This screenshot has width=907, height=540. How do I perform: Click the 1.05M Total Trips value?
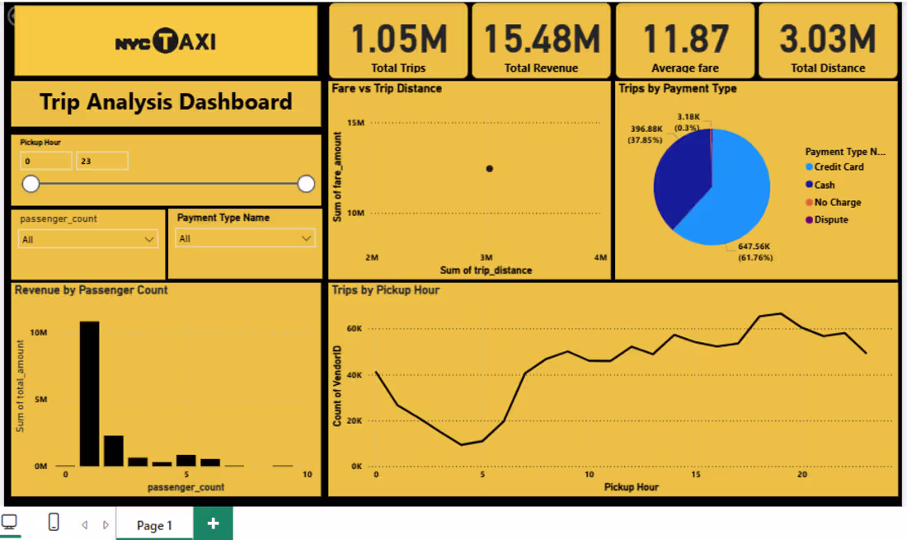pyautogui.click(x=398, y=40)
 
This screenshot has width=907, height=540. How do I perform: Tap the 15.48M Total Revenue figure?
pyautogui.click(x=542, y=40)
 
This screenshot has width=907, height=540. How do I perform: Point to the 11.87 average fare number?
pyautogui.click(x=685, y=40)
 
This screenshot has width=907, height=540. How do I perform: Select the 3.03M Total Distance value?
pyautogui.click(x=828, y=40)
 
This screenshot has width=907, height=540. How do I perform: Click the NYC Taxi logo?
pyautogui.click(x=166, y=41)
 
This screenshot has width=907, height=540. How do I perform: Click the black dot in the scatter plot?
pyautogui.click(x=489, y=169)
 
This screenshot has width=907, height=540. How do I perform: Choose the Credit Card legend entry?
pyautogui.click(x=834, y=167)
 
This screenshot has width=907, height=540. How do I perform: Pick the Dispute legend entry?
pyautogui.click(x=826, y=219)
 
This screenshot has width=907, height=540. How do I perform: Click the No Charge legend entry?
pyautogui.click(x=833, y=202)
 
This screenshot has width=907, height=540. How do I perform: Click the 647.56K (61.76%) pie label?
pyautogui.click(x=754, y=252)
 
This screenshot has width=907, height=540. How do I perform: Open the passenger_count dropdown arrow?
pyautogui.click(x=149, y=239)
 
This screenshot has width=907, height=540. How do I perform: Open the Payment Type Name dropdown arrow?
pyautogui.click(x=306, y=238)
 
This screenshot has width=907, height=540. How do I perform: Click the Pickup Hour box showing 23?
pyautogui.click(x=101, y=161)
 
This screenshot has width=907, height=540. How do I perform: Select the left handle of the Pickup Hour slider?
pyautogui.click(x=31, y=184)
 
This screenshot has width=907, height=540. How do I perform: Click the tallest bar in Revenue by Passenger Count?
pyautogui.click(x=89, y=393)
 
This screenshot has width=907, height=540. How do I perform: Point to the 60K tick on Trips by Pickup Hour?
pyautogui.click(x=354, y=328)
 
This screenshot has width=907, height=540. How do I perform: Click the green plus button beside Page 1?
pyautogui.click(x=213, y=524)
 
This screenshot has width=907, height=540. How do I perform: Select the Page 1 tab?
pyautogui.click(x=154, y=525)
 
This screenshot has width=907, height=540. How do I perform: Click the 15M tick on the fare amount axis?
pyautogui.click(x=355, y=123)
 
